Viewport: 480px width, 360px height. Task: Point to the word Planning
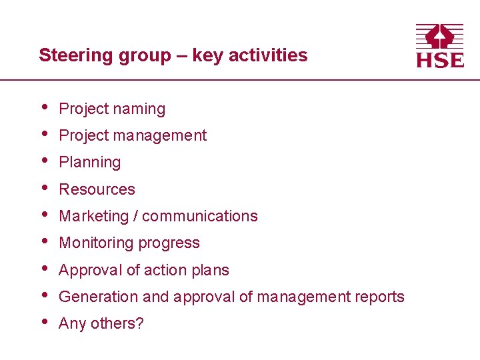click(x=90, y=163)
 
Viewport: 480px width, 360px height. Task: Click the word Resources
click(x=97, y=189)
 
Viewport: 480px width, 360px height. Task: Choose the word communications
click(x=199, y=216)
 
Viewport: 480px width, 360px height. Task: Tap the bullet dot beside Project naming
click(x=43, y=107)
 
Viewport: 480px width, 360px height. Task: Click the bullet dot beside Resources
click(x=43, y=187)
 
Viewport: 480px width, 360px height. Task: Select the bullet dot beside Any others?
click(x=43, y=321)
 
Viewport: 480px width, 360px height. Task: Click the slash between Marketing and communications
click(x=135, y=216)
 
